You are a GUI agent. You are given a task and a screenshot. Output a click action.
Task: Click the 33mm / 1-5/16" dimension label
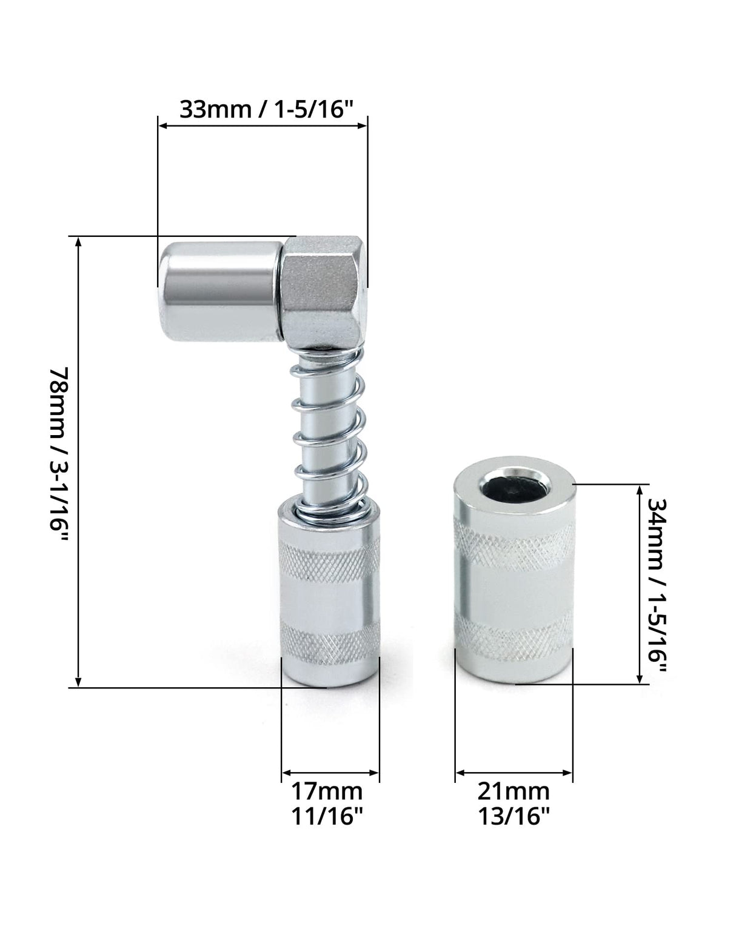266,109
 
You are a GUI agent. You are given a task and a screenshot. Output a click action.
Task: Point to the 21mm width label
514,791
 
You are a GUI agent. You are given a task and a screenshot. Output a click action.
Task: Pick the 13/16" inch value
514,816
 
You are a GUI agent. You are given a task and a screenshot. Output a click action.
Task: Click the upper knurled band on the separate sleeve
514,540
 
